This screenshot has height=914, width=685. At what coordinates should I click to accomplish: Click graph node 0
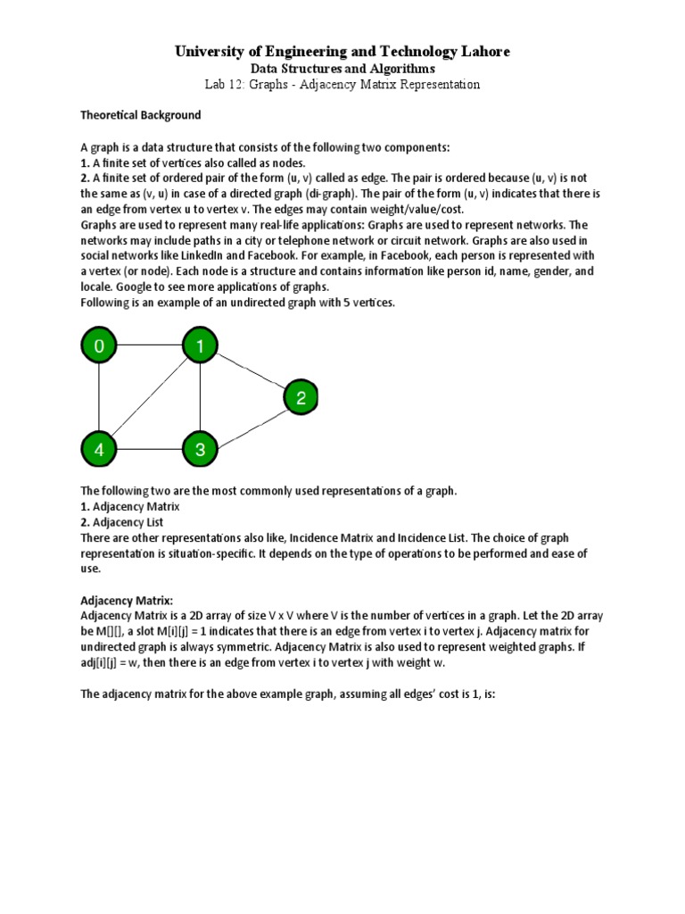pos(99,346)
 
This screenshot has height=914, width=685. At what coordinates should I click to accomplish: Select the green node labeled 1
pos(200,346)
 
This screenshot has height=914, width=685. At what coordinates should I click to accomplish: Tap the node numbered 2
pos(301,397)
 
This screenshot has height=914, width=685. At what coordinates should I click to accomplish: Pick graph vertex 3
pos(200,449)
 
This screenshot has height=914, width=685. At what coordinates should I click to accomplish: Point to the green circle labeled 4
pos(99,449)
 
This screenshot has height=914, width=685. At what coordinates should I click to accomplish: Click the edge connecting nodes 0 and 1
pos(149,345)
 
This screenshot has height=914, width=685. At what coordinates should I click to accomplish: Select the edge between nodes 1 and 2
pos(251,371)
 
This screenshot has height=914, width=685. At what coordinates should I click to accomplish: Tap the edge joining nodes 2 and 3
pos(251,424)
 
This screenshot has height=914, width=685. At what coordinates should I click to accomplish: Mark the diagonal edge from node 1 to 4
pos(150,397)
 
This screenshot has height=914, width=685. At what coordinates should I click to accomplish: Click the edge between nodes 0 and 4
pos(99,397)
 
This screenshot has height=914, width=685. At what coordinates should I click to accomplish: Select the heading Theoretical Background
pos(141,115)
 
